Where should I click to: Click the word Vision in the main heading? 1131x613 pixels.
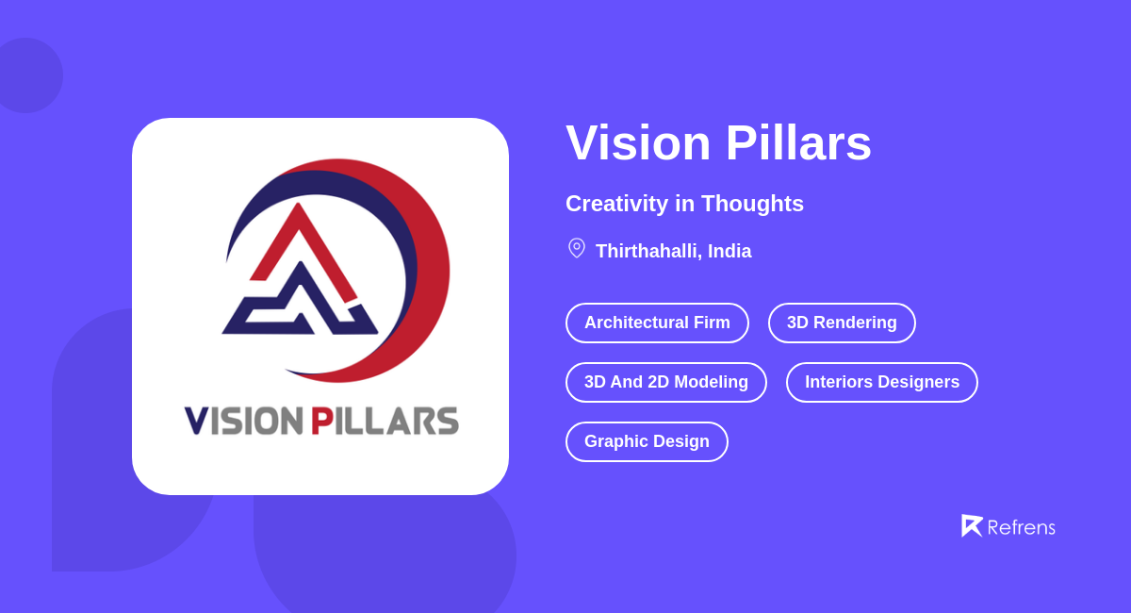(x=638, y=143)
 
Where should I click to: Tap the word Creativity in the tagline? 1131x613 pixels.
(x=616, y=204)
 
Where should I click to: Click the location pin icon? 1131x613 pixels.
(x=577, y=248)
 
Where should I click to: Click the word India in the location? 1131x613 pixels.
(x=729, y=252)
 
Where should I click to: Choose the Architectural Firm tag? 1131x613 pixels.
(x=657, y=323)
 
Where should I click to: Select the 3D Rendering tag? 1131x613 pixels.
(x=842, y=323)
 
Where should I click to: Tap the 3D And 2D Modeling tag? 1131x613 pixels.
(x=665, y=382)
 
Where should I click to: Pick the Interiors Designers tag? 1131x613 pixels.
(x=881, y=382)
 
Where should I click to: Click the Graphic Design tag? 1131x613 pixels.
(x=647, y=441)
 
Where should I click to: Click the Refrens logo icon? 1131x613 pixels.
(x=971, y=525)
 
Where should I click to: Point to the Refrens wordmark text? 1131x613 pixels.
(x=1021, y=527)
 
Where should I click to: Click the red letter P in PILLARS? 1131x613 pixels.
(x=321, y=421)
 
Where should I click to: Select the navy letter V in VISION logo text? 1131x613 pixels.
(x=196, y=421)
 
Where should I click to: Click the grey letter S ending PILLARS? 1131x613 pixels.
(x=447, y=421)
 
